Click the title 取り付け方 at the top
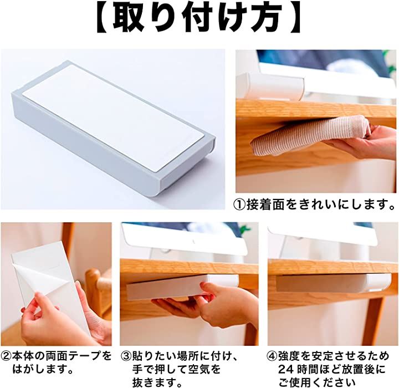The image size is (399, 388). (x=198, y=18)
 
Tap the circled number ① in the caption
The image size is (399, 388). (x=240, y=204)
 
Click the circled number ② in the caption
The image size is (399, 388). (x=6, y=356)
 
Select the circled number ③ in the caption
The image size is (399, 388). (x=125, y=356)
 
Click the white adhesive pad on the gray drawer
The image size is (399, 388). (x=112, y=118)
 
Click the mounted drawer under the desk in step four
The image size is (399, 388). (x=334, y=283)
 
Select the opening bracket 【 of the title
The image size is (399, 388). (x=104, y=18)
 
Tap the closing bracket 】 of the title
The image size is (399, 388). (x=293, y=18)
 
